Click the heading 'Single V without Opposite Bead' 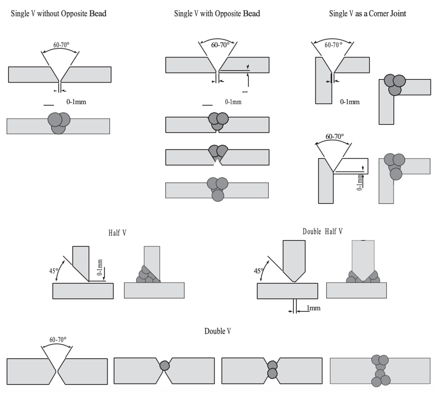coord(59,14)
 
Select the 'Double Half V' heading coord(322,231)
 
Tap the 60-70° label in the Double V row coord(58,340)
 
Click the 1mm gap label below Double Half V coord(313,308)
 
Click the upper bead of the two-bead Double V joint coord(272,365)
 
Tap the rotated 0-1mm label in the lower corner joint coord(360,181)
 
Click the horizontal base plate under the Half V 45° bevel coord(83,291)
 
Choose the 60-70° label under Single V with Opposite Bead coord(220,45)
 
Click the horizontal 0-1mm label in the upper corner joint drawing coord(350,102)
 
